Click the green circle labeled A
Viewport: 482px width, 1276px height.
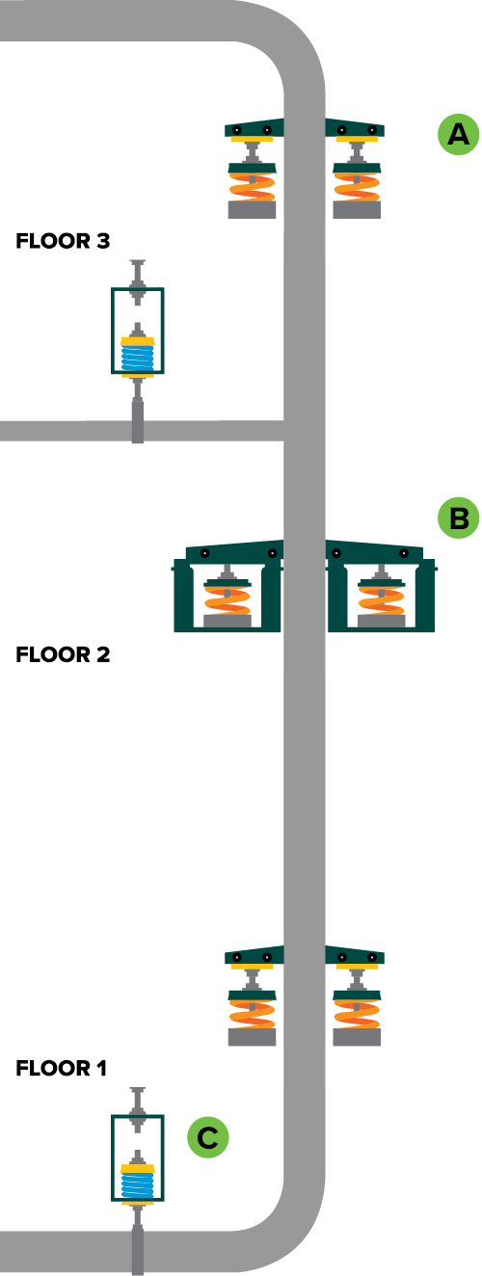[x=459, y=134]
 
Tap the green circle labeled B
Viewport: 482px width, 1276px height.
[x=459, y=518]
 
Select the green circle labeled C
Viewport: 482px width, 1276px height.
[x=207, y=1137]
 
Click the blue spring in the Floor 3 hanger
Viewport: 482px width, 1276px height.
[x=138, y=359]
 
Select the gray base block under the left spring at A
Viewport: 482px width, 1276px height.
[x=252, y=209]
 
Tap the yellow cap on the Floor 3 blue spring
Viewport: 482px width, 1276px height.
[x=138, y=341]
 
